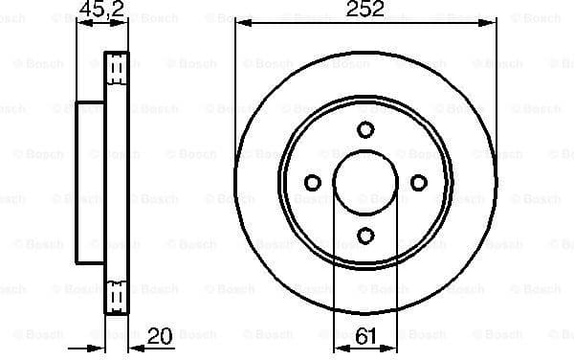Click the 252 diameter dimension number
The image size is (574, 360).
point(364,11)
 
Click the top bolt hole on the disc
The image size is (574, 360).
point(364,130)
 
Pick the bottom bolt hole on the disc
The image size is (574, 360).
point(364,235)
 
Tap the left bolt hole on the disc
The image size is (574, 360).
point(312,182)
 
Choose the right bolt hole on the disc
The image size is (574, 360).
point(417,182)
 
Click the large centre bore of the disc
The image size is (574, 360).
point(364,182)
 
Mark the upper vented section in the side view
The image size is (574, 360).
point(116,73)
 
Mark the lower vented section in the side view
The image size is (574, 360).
point(116,291)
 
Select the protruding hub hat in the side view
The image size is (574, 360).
point(90,182)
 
